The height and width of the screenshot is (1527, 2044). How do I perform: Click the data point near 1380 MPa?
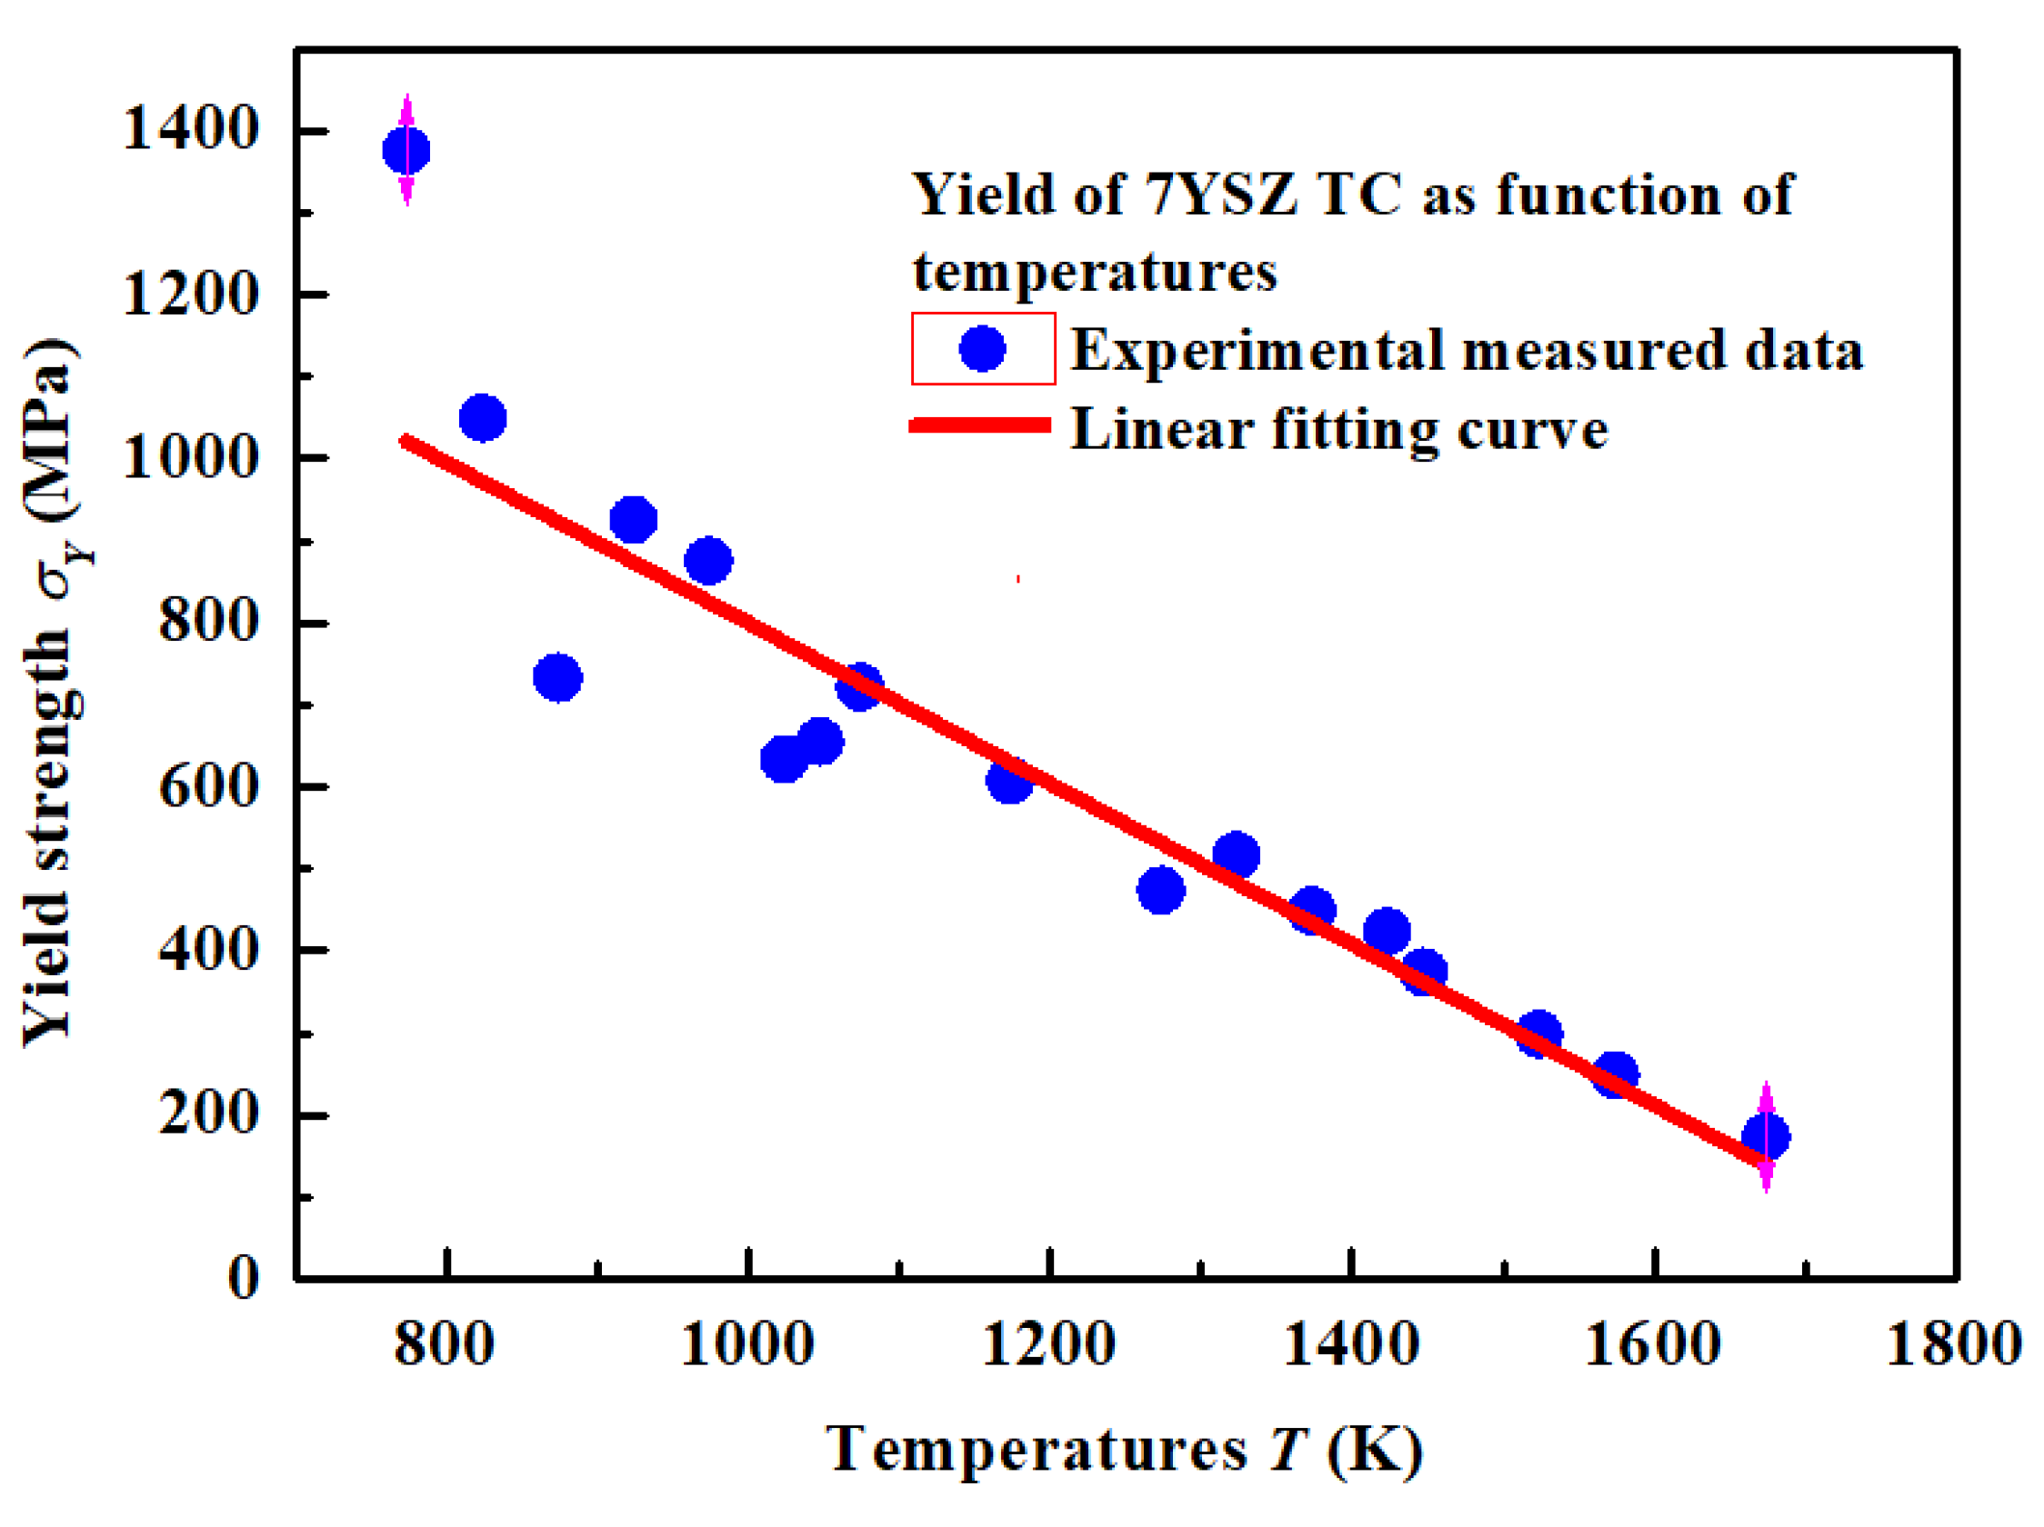tap(406, 150)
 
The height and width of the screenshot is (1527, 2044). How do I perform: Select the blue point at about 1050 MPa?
tap(482, 418)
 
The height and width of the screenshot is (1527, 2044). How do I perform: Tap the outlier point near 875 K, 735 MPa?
tap(557, 678)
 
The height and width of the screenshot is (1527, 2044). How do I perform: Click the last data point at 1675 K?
tap(1765, 1137)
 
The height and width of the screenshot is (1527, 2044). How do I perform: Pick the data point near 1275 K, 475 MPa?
tap(1160, 891)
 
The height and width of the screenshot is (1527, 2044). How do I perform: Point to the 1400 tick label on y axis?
tap(189, 128)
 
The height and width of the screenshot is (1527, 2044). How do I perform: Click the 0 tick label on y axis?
tap(244, 1279)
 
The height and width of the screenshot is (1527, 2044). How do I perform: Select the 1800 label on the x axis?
tap(1952, 1344)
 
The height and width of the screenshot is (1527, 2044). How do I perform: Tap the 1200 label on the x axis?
tap(1047, 1344)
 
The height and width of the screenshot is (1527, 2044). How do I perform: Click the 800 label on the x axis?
tap(445, 1344)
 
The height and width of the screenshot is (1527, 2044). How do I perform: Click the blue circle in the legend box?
tap(982, 348)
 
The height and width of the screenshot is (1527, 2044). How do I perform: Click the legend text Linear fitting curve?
tap(1339, 430)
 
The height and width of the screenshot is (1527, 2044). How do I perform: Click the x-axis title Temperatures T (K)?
tap(1124, 1450)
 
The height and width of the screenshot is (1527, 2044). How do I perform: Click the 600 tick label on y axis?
tap(208, 788)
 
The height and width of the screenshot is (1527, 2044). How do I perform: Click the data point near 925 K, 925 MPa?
tap(633, 520)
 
